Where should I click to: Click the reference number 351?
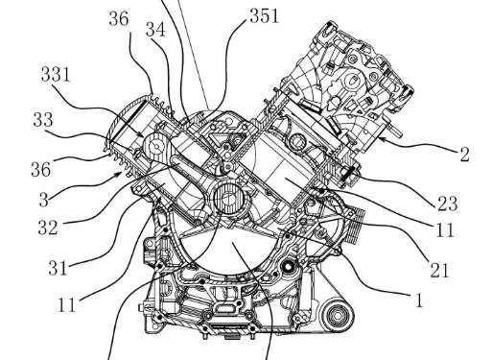(x=265, y=16)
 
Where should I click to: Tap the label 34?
(x=155, y=30)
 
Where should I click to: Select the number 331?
(x=56, y=75)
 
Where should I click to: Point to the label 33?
(x=43, y=120)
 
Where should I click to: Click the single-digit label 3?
(x=44, y=200)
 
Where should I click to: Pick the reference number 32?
(x=48, y=228)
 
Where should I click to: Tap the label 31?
(x=58, y=268)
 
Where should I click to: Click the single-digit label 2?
(x=464, y=155)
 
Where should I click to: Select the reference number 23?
(x=447, y=204)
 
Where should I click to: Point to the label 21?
(x=440, y=270)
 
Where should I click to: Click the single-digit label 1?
(x=419, y=300)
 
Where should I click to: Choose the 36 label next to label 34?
(x=119, y=18)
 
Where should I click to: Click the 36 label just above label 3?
(x=41, y=169)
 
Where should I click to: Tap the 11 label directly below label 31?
(x=67, y=304)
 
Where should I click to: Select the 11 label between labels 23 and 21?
(x=445, y=229)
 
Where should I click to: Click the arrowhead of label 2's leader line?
(x=381, y=138)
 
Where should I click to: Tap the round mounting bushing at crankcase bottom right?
(x=337, y=316)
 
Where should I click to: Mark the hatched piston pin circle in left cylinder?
(x=156, y=147)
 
